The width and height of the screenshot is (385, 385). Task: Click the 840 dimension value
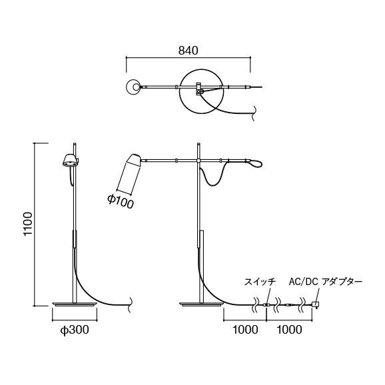point(189,50)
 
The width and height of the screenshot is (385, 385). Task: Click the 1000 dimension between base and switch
point(244,329)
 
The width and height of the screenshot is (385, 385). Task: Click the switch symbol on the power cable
point(267,306)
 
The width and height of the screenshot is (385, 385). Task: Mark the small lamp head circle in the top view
point(134,86)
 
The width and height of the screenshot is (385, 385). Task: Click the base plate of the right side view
point(200,305)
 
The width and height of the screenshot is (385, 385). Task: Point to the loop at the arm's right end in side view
point(255,162)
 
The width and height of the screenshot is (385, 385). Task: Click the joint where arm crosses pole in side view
point(200,160)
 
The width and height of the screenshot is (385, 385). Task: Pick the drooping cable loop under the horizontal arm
point(214,176)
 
